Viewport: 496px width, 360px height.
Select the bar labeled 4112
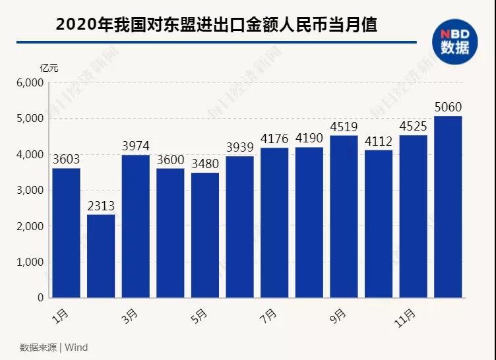(x=379, y=224)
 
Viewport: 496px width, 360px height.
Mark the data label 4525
(x=413, y=125)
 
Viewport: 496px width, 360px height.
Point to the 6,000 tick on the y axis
(x=29, y=83)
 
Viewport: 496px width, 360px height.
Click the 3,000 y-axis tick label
(x=29, y=191)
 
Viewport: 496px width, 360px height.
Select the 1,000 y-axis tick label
(x=29, y=262)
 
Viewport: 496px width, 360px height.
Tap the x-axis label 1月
(x=60, y=316)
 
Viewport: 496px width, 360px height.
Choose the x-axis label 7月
(x=268, y=316)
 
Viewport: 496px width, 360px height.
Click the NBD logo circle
(x=454, y=42)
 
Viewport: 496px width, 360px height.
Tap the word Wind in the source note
(x=76, y=347)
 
